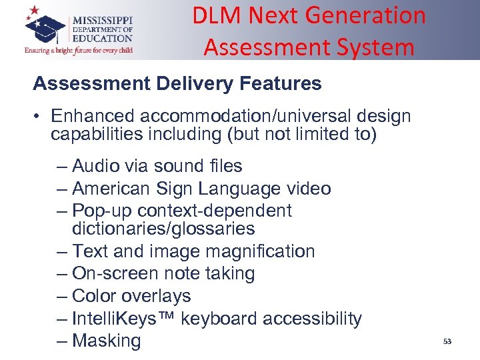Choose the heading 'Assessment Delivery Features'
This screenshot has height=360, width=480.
coord(177,84)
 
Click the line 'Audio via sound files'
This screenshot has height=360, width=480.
coord(157,165)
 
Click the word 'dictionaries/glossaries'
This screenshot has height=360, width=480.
coord(163,229)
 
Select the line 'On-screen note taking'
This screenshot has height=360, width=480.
coord(163,273)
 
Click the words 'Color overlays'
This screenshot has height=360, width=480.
coord(131,296)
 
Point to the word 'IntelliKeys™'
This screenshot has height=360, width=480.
coord(124,319)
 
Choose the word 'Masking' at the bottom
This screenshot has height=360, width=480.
coord(107,341)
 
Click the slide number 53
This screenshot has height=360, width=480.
coord(447,341)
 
